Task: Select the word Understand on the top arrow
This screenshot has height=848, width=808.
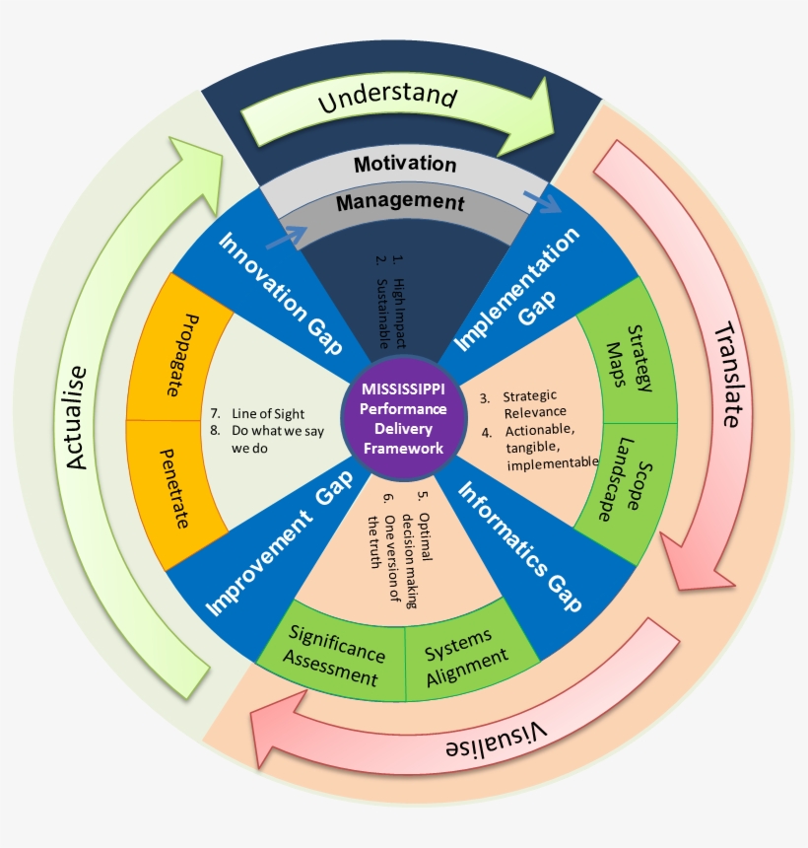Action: [x=387, y=100]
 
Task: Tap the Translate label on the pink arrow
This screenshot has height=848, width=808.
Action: [x=725, y=374]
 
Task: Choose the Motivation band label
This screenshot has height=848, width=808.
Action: [x=405, y=164]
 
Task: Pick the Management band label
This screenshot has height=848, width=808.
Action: [x=399, y=203]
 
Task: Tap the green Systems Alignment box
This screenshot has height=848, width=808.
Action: [x=466, y=652]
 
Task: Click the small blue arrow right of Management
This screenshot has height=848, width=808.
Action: [x=541, y=202]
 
